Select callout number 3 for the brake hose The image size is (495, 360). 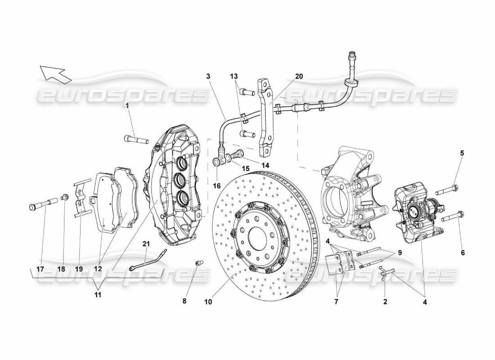[208, 76]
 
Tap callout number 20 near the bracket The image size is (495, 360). [299, 76]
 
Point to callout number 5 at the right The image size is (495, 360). [462, 153]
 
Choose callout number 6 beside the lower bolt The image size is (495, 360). [462, 253]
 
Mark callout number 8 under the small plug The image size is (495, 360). [184, 301]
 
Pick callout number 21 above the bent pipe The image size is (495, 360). [146, 244]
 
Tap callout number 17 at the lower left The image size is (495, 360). [40, 269]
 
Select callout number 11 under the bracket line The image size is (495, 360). [98, 295]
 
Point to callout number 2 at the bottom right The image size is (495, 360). [385, 301]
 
